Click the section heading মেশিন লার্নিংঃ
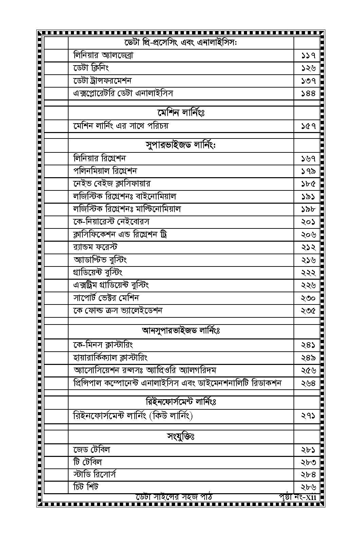click(x=181, y=112)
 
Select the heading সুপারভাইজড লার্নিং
click(x=181, y=145)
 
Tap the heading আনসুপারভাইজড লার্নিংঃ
click(x=181, y=330)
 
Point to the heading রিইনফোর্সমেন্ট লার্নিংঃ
click(x=181, y=402)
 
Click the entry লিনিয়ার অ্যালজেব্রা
click(x=103, y=55)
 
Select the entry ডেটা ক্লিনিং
click(x=91, y=68)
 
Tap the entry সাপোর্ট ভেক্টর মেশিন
click(x=106, y=298)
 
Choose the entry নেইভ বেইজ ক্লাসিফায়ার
click(x=112, y=184)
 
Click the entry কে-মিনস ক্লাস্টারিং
click(x=103, y=345)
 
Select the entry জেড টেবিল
click(x=92, y=450)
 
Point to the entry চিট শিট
click(x=86, y=487)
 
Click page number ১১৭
click(x=308, y=55)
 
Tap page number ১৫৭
click(x=308, y=126)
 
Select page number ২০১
click(x=308, y=222)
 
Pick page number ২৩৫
click(x=308, y=311)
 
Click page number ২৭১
click(x=308, y=416)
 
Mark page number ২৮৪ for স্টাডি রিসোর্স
click(x=308, y=475)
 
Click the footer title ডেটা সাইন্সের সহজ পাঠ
click(x=174, y=497)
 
